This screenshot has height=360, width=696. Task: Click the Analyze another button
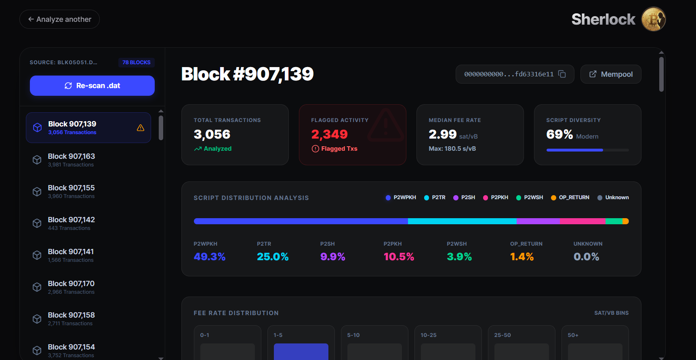tap(59, 19)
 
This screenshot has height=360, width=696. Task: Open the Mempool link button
tap(610, 74)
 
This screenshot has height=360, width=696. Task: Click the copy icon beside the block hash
tap(562, 74)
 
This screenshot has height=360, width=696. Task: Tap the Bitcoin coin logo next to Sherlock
tap(653, 19)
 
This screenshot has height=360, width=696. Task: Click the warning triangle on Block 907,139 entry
tap(141, 128)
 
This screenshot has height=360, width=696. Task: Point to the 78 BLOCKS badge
tap(136, 63)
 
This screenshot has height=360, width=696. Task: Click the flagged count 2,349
tap(329, 134)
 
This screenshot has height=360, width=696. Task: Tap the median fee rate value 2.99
tap(442, 134)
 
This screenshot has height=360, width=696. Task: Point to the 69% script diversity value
tap(559, 134)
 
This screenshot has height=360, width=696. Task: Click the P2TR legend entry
tap(435, 198)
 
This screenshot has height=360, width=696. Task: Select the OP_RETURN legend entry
tap(570, 198)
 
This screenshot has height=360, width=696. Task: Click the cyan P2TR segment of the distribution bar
tap(462, 221)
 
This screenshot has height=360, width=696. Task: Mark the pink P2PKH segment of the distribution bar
tap(582, 221)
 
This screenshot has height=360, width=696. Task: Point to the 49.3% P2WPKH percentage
tap(209, 257)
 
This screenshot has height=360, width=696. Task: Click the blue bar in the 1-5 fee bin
tap(301, 352)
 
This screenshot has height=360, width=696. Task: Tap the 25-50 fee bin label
tap(503, 335)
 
